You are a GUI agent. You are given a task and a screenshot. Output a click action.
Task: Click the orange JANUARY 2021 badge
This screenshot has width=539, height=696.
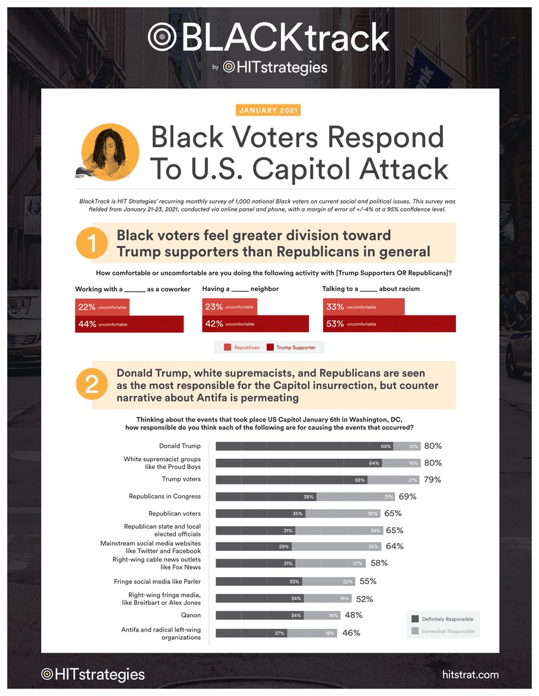click(x=268, y=110)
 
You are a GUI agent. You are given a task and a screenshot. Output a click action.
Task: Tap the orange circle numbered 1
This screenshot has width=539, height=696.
click(x=92, y=245)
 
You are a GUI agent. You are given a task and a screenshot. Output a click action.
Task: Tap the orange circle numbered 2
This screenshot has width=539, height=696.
click(x=92, y=385)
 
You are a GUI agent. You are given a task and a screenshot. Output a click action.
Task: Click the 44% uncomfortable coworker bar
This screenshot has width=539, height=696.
click(x=129, y=324)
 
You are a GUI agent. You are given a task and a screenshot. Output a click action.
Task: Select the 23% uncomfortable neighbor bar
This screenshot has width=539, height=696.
click(x=229, y=306)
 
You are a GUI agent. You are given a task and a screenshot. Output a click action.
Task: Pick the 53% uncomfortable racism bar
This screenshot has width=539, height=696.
click(x=389, y=324)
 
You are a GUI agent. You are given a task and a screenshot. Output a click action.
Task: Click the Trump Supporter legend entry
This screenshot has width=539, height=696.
click(x=292, y=347)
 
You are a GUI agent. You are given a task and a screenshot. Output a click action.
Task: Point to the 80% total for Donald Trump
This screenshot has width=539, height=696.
click(x=433, y=446)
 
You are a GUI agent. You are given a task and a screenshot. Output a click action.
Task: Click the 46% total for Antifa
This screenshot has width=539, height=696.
click(x=351, y=633)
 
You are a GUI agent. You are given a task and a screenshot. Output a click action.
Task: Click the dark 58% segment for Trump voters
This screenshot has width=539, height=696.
click(x=292, y=480)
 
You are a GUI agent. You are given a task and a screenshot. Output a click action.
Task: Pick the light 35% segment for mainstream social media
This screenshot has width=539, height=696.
click(x=336, y=546)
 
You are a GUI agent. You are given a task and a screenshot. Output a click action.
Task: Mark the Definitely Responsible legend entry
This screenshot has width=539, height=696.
click(x=443, y=619)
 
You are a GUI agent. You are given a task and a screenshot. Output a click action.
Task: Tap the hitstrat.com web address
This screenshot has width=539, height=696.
click(x=470, y=675)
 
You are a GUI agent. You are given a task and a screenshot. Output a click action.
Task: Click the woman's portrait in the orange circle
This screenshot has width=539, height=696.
click(x=110, y=151)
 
